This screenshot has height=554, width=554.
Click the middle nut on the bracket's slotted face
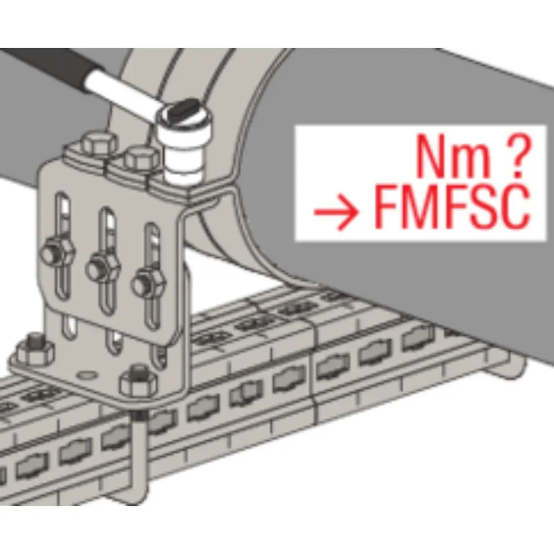tap(103, 268)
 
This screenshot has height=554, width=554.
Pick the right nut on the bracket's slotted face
tap(148, 281)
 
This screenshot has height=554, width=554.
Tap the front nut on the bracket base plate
tap(137, 380)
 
